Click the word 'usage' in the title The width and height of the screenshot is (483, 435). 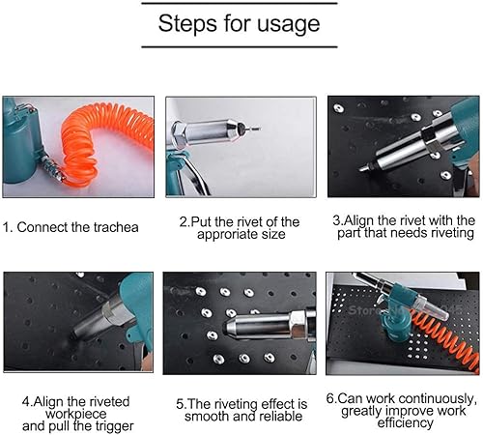(288, 25)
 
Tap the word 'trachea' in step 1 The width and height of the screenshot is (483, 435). (116, 227)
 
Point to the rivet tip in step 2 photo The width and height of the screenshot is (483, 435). (253, 130)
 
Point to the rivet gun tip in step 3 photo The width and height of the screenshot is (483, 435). (363, 168)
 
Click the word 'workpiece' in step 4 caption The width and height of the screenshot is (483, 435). (76, 414)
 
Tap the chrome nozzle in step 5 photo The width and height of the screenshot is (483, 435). (264, 326)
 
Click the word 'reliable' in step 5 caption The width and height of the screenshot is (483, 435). (281, 416)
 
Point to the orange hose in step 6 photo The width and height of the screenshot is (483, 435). (444, 338)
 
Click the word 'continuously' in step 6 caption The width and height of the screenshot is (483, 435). (437, 399)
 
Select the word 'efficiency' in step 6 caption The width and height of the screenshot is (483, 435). (405, 423)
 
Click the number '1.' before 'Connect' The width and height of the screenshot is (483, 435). (8, 227)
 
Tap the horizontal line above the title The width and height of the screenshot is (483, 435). (240, 3)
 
